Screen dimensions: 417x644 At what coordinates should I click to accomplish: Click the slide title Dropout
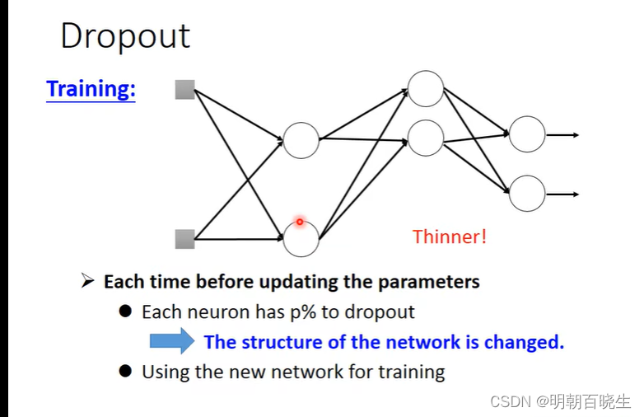[125, 37]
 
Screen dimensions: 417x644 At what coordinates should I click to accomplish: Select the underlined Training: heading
[91, 89]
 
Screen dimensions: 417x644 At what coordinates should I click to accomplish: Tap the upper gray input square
[184, 90]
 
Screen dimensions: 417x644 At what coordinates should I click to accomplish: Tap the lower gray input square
[184, 239]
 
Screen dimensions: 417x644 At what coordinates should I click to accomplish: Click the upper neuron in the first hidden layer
[301, 140]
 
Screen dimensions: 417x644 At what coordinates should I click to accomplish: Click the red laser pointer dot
[300, 222]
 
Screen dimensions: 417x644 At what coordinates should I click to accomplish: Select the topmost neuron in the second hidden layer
[426, 89]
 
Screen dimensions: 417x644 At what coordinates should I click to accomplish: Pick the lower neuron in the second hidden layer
[426, 138]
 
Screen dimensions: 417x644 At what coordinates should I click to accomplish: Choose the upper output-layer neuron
[526, 134]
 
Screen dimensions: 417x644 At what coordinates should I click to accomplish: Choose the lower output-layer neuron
[526, 194]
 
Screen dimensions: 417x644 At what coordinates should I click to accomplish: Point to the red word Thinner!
[450, 237]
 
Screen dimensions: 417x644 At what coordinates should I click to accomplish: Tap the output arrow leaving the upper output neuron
[563, 135]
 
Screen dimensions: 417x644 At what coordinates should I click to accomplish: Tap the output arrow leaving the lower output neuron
[563, 194]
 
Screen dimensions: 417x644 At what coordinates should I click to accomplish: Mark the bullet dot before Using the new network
[125, 371]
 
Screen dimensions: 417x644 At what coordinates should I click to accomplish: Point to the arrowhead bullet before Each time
[88, 282]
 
